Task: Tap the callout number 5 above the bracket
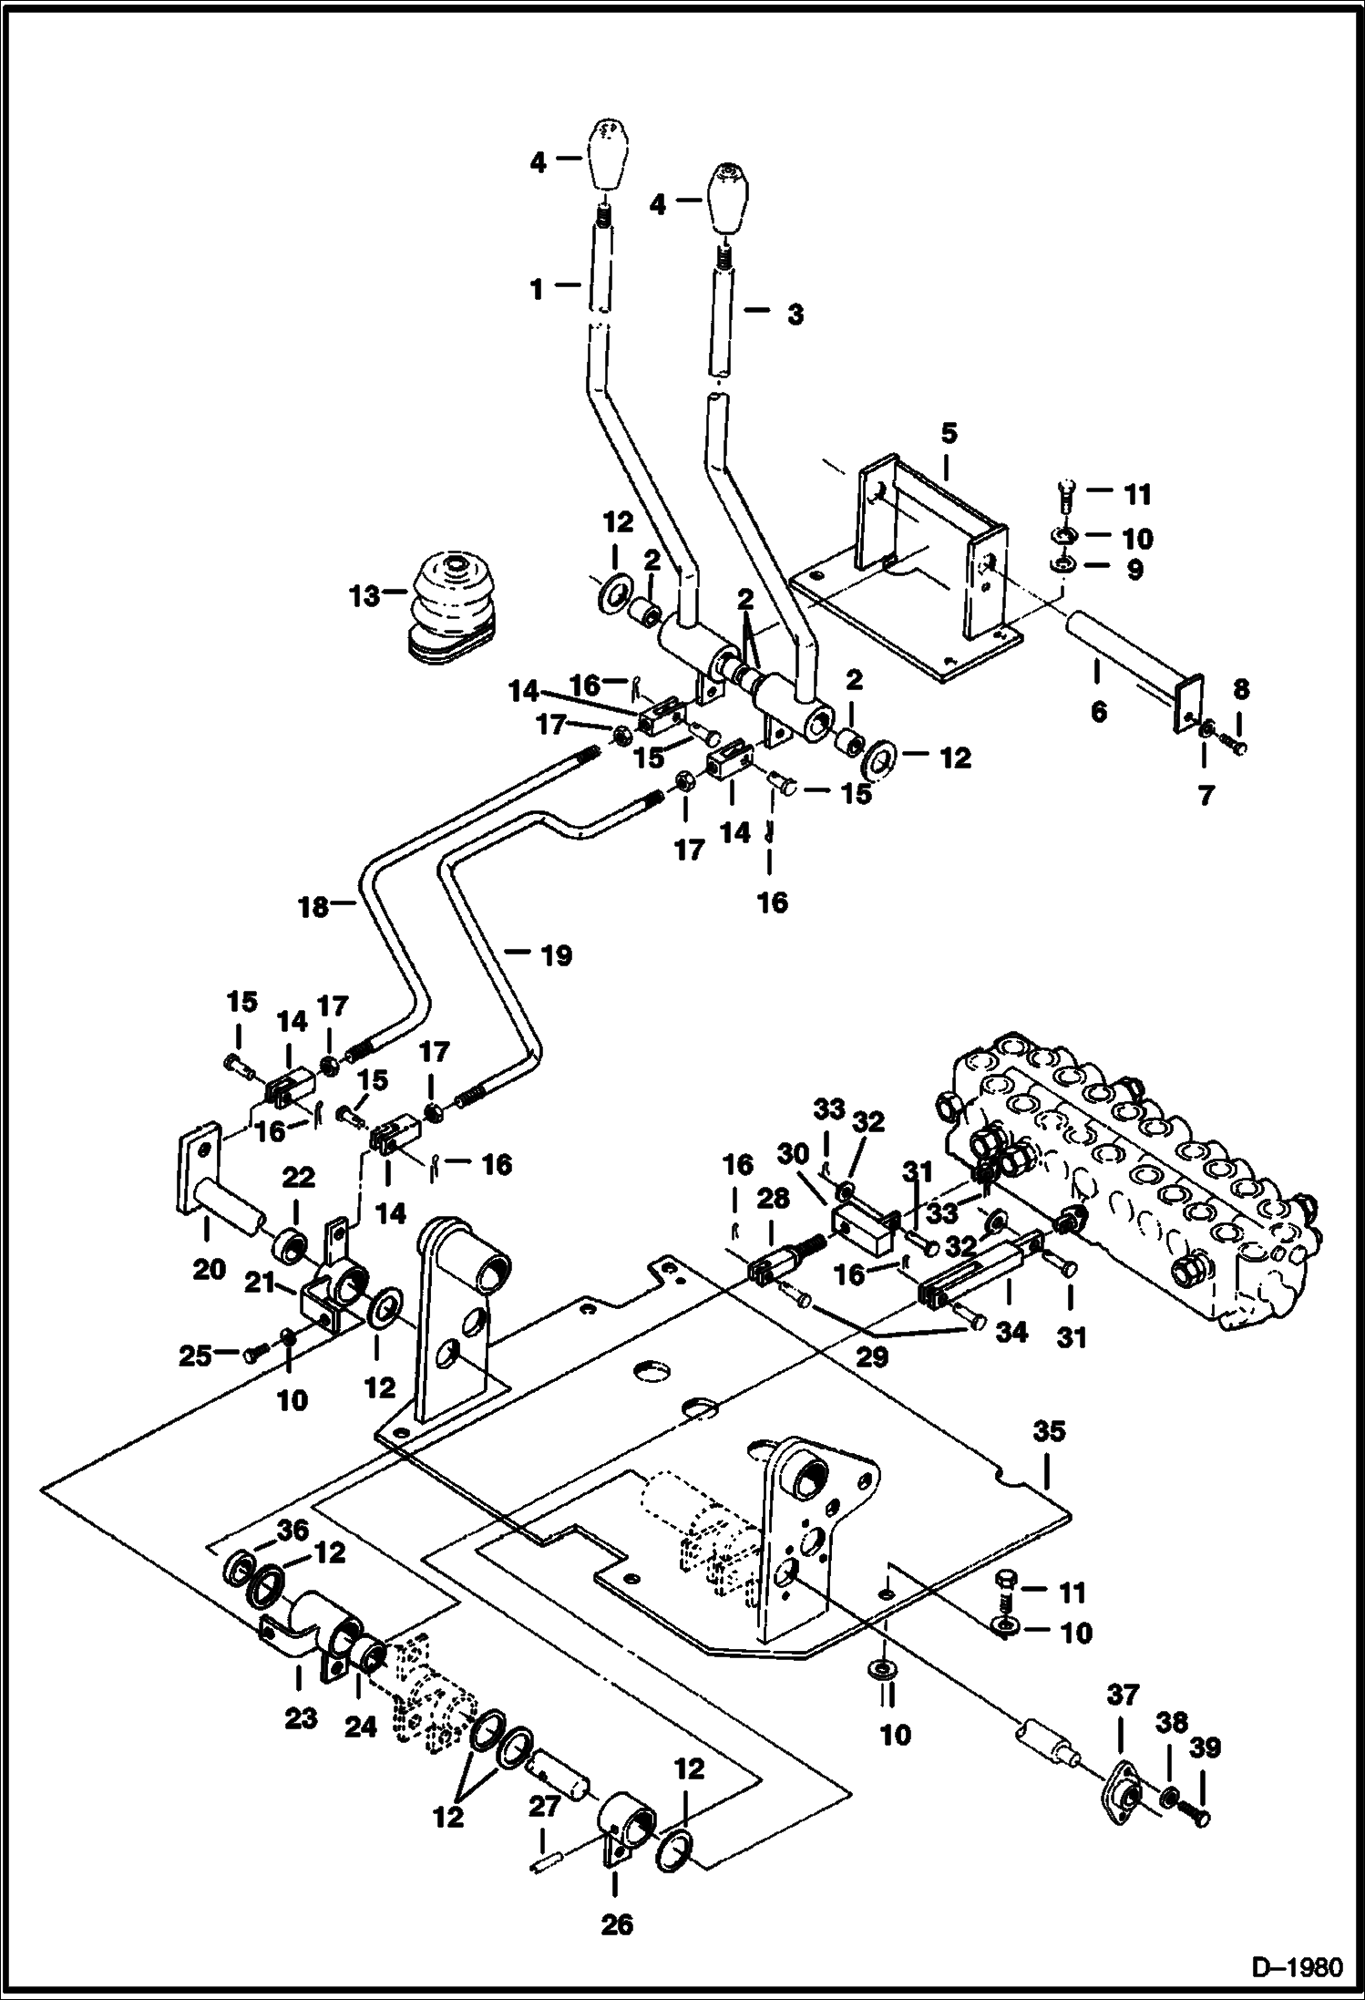[949, 434]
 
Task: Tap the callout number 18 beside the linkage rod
[314, 907]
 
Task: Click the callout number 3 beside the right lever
[795, 315]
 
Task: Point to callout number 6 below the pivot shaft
[1098, 712]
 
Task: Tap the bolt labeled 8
[1237, 747]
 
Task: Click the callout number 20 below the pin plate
[209, 1269]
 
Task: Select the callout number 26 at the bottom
[616, 1925]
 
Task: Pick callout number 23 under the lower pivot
[301, 1718]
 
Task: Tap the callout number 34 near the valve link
[1011, 1333]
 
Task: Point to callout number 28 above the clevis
[772, 1199]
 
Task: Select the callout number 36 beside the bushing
[292, 1529]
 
